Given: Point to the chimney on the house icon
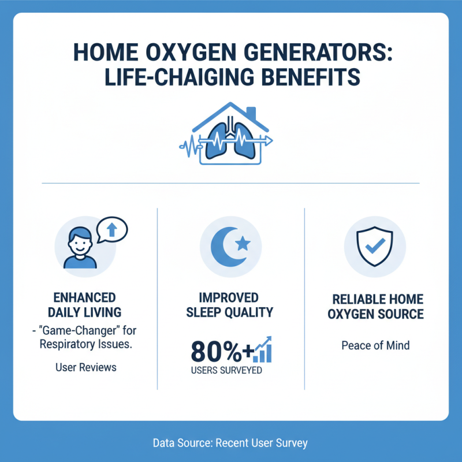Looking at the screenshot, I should [x=251, y=112].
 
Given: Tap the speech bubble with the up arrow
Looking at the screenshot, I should [x=113, y=229].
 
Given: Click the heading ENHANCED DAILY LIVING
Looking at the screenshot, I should [x=84, y=305].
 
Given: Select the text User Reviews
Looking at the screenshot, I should [x=86, y=367].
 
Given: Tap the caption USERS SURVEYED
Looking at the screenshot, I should [x=226, y=370].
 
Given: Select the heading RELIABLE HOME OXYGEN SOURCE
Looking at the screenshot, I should [x=378, y=307].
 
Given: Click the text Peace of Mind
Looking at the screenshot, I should [x=375, y=346].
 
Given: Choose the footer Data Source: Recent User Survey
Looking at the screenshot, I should [x=230, y=443].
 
